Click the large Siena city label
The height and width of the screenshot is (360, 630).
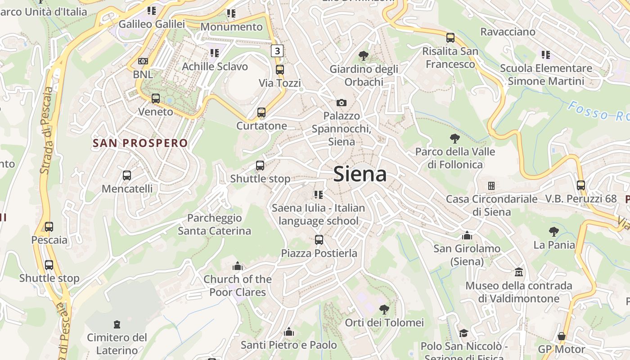pyautogui.click(x=360, y=175)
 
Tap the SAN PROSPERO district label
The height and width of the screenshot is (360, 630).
pyautogui.click(x=140, y=143)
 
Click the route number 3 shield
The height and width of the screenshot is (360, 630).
pyautogui.click(x=277, y=51)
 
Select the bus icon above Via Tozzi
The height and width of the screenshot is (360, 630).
pyautogui.click(x=279, y=70)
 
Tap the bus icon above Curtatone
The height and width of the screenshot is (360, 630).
pyautogui.click(x=261, y=112)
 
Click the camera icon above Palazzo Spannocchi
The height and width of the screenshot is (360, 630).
pyautogui.click(x=342, y=103)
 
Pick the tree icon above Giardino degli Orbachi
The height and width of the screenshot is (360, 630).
pyautogui.click(x=364, y=56)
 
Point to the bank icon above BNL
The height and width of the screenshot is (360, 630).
pyautogui.click(x=143, y=61)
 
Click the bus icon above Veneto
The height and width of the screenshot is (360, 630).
pyautogui.click(x=156, y=99)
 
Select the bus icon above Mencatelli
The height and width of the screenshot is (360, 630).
pyautogui.click(x=127, y=175)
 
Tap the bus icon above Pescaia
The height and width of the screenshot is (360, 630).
pyautogui.click(x=49, y=227)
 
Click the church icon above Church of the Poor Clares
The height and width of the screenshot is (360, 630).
pyautogui.click(x=238, y=266)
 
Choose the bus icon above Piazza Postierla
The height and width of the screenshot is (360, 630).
pyautogui.click(x=319, y=240)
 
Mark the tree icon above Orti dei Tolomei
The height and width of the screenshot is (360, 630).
pyautogui.click(x=384, y=310)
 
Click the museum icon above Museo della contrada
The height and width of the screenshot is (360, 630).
pyautogui.click(x=519, y=272)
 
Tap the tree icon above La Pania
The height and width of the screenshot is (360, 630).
pyautogui.click(x=554, y=232)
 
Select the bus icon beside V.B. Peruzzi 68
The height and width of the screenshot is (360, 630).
pyautogui.click(x=581, y=185)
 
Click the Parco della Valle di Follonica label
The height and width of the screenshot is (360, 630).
pyautogui.click(x=455, y=158)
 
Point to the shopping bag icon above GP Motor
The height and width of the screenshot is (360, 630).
pyautogui.click(x=562, y=336)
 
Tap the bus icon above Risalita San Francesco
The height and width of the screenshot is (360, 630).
pyautogui.click(x=450, y=38)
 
